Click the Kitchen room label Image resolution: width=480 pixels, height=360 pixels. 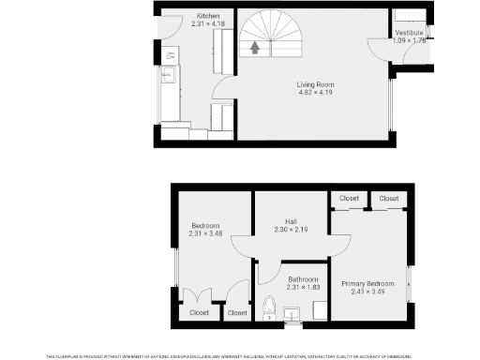[208, 16]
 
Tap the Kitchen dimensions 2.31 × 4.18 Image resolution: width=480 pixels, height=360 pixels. [208, 23]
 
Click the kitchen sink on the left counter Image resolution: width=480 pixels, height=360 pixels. [170, 74]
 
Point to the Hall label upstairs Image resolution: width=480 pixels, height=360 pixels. [292, 222]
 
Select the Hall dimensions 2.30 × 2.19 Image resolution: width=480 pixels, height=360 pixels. [292, 230]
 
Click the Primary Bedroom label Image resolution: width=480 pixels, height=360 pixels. [367, 283]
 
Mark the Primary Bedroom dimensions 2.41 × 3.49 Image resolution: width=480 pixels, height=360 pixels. [367, 291]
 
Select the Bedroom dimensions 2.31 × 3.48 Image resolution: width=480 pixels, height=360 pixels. [205, 233]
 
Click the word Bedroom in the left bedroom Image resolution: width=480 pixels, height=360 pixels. [205, 226]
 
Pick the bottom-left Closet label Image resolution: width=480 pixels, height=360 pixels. [200, 313]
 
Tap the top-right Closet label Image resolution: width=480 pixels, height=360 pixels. [388, 199]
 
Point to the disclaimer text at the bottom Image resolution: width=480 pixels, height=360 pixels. [240, 356]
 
